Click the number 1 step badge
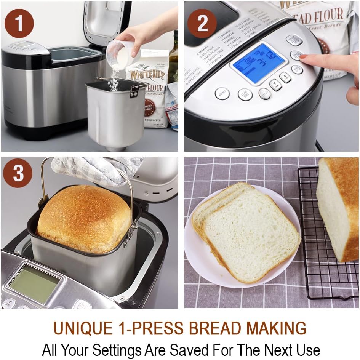[19, 23]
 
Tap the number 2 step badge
[202, 23]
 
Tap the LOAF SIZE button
[245, 94]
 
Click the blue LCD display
[259, 62]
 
